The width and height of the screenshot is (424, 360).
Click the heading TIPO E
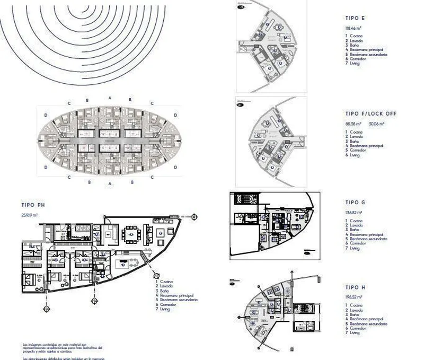(x=355, y=18)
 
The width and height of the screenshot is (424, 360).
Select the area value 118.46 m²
(x=354, y=28)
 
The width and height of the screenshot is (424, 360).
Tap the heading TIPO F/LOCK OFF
(x=370, y=113)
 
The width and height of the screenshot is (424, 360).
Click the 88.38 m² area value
(x=354, y=124)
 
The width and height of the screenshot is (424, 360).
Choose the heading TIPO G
(x=355, y=202)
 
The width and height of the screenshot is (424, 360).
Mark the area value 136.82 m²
(x=354, y=213)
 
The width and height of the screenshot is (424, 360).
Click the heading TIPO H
(x=355, y=286)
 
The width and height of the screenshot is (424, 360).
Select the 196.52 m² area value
(x=354, y=297)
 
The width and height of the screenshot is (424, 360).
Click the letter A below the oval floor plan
(x=109, y=184)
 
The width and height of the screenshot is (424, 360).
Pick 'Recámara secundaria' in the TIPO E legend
(x=368, y=54)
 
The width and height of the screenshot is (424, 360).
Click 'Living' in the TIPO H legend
(x=355, y=333)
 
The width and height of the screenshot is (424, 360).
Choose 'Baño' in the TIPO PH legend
(x=165, y=291)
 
